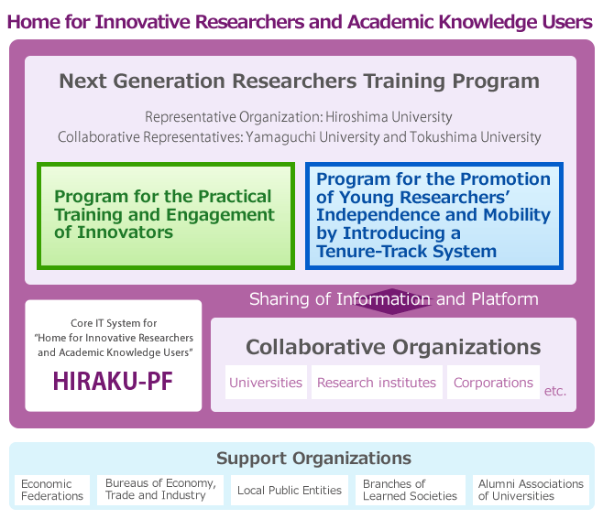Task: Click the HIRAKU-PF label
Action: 114,380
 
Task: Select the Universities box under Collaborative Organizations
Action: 266,383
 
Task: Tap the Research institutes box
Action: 377,383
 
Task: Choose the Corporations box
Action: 493,383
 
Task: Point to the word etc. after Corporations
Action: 555,391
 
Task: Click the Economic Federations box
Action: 52,490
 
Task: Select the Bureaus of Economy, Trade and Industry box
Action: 160,490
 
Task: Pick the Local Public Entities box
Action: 289,490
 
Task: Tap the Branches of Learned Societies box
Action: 410,490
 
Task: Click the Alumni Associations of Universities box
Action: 531,490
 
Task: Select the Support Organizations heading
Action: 301,459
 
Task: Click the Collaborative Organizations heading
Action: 393,348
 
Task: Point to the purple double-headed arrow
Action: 393,301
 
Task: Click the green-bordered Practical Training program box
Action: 166,216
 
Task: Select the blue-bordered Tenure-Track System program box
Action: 434,216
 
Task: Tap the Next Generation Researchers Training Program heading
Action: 300,81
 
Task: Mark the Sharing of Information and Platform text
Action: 393,299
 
